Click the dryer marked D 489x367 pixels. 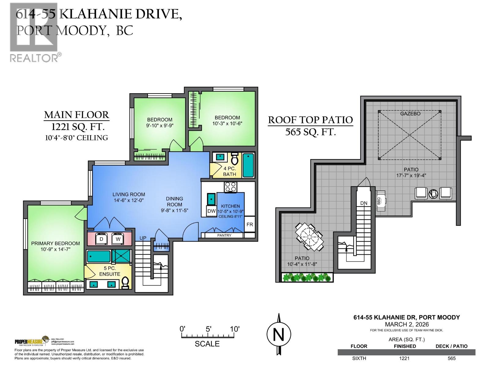coord(101,239)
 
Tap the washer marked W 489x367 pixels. coord(118,239)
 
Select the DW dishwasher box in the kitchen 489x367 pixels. coord(211,211)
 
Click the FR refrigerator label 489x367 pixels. coord(250,224)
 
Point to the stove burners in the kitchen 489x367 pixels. coord(230,187)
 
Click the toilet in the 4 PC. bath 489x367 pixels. coord(234,159)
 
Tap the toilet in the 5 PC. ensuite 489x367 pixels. coord(125,283)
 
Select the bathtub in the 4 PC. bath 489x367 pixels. coord(248,165)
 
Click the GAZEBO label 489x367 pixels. coord(410,114)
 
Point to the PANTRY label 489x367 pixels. coord(224,235)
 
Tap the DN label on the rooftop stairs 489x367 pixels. coord(364,203)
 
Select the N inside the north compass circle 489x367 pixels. coord(278,335)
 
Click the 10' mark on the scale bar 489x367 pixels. coord(234,329)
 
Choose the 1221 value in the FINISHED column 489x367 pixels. coord(405,358)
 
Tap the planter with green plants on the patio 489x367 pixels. coord(307,277)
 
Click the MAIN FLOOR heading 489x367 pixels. coord(76,115)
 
